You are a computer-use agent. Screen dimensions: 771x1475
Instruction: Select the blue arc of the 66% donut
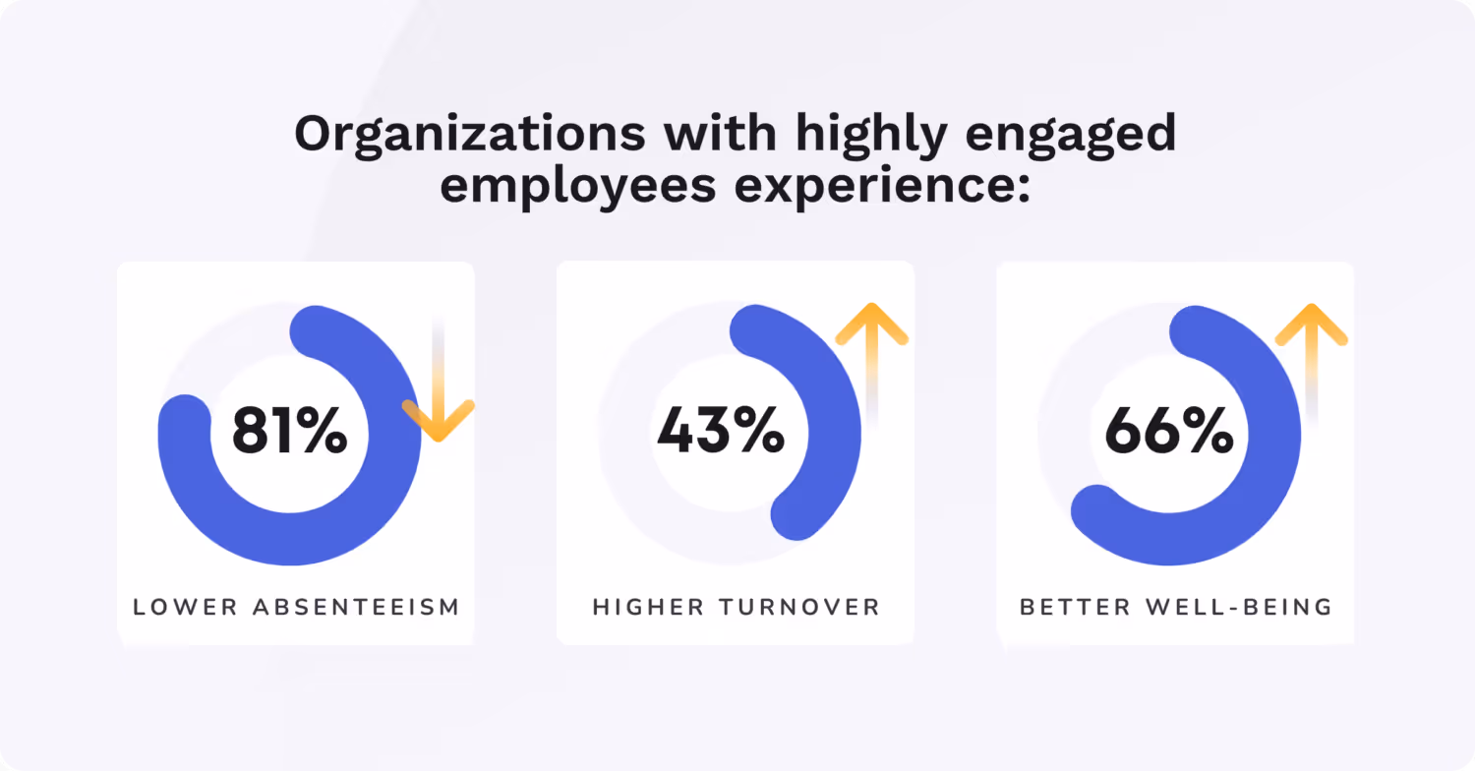(x=1268, y=472)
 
